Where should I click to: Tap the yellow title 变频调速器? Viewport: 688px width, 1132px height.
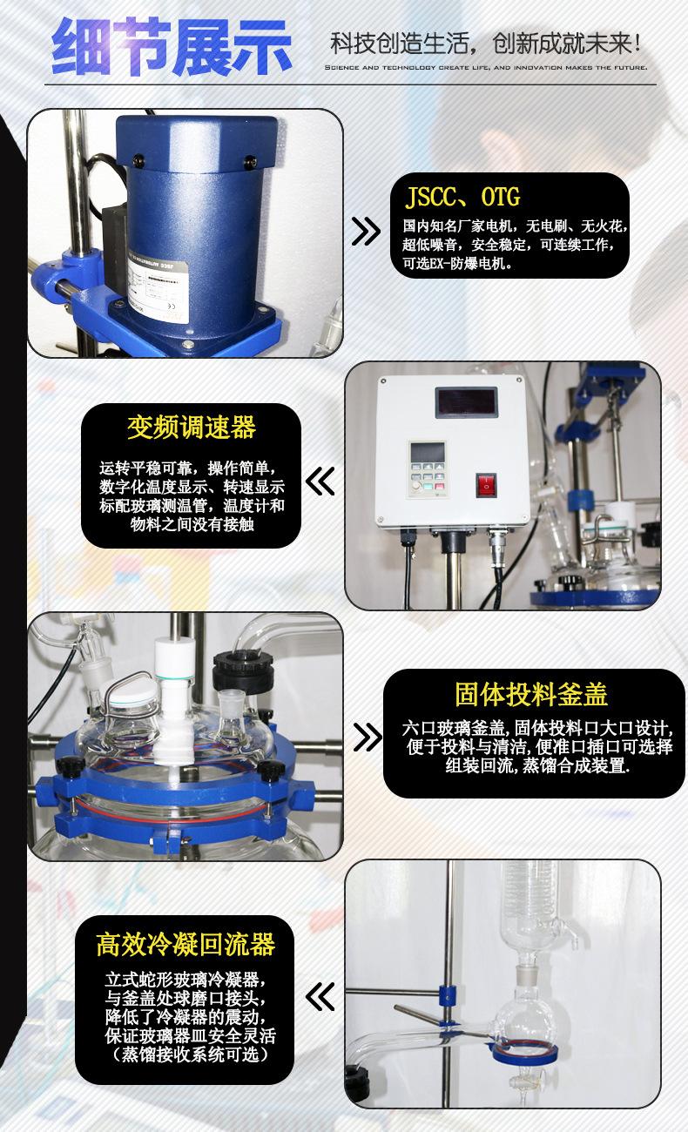point(192,428)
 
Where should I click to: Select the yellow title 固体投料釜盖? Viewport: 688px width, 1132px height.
point(531,694)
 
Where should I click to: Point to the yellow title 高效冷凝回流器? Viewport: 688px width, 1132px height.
point(185,943)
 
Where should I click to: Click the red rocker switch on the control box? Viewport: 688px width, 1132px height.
point(486,484)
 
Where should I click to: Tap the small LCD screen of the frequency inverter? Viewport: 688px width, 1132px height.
point(428,453)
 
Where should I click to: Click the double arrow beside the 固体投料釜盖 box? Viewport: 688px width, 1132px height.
point(366,737)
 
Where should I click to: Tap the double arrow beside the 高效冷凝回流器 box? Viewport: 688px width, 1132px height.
point(321,994)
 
